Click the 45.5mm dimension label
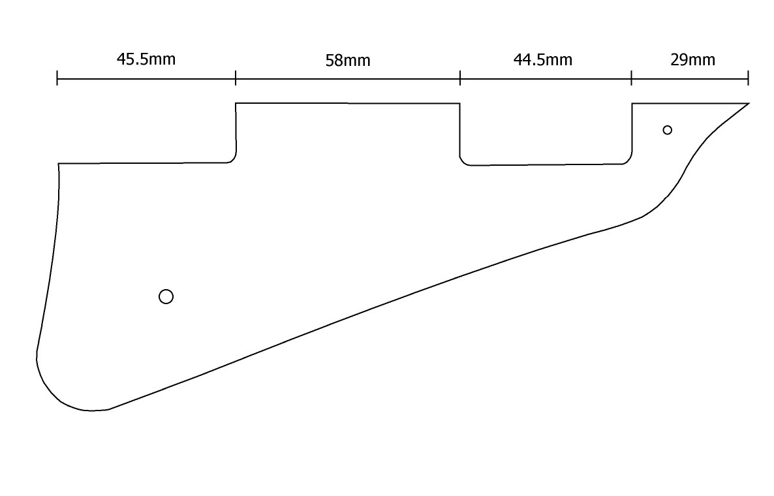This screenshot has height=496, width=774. click(x=146, y=59)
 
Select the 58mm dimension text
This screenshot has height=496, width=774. click(x=348, y=61)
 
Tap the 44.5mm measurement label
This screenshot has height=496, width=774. click(x=543, y=60)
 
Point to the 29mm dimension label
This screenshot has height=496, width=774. click(x=692, y=60)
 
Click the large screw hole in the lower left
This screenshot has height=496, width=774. click(x=166, y=297)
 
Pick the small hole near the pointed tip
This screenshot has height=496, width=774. click(x=667, y=130)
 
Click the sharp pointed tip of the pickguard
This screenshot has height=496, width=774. click(x=748, y=104)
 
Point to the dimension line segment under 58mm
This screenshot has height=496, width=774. click(x=348, y=79)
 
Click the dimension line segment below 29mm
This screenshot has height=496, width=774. click(x=690, y=79)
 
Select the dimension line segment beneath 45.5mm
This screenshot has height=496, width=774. click(x=146, y=79)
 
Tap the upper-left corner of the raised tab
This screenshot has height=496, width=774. click(x=236, y=103)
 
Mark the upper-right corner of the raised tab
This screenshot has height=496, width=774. click(x=459, y=103)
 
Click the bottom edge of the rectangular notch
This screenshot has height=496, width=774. click(x=545, y=164)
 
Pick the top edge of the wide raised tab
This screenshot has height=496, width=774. click(x=348, y=103)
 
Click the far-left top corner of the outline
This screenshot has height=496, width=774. click(x=59, y=164)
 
